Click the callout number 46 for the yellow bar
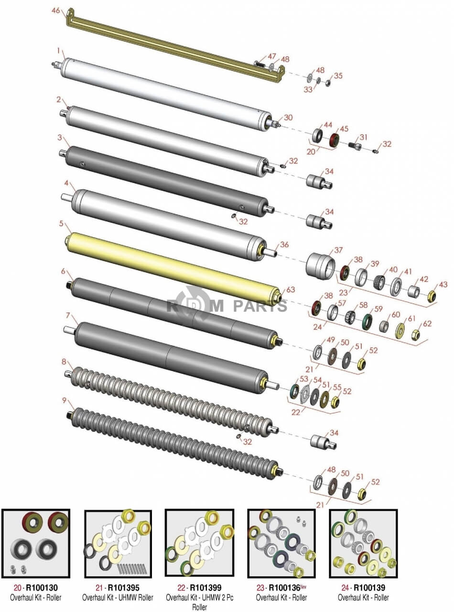[x=55, y=11]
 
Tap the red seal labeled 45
[x=335, y=140]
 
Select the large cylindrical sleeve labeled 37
[x=320, y=266]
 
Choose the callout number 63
[x=291, y=289]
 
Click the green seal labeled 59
[x=368, y=322]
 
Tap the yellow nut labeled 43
[x=431, y=296]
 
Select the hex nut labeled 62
[x=416, y=335]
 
